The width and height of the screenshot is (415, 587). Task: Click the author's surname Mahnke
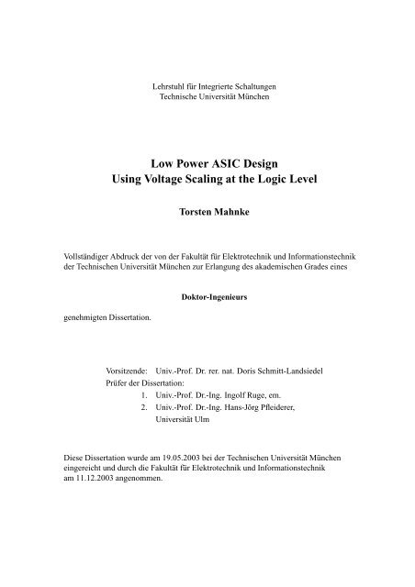point(228,210)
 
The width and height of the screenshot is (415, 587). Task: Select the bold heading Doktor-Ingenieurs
point(207,298)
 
